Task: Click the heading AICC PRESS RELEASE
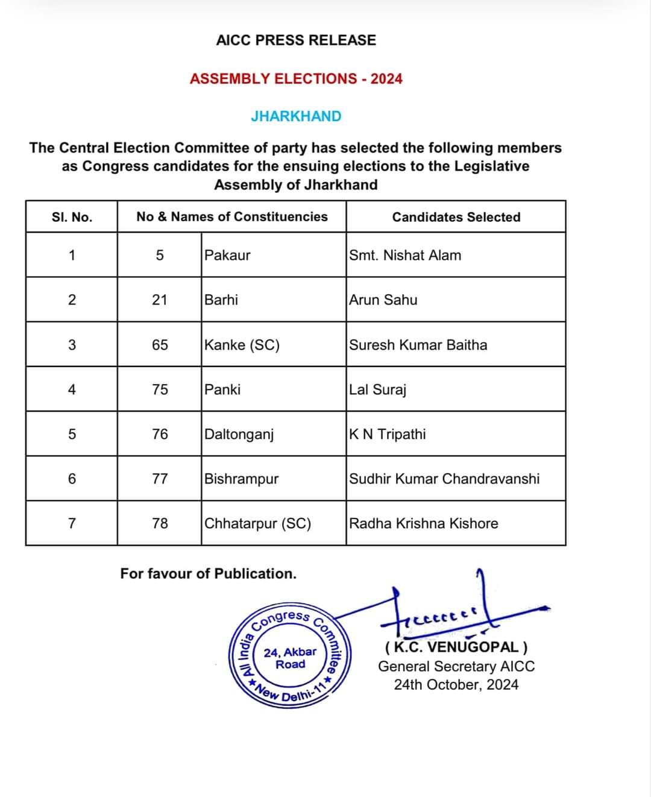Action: [x=296, y=40]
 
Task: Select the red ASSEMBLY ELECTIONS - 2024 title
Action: [x=296, y=79]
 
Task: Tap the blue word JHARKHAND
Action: [x=296, y=116]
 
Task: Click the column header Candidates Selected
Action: [x=456, y=217]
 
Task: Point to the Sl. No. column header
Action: [x=72, y=217]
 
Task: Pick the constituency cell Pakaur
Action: [x=227, y=255]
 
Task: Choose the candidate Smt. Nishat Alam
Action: [x=405, y=255]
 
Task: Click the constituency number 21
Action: [x=159, y=300]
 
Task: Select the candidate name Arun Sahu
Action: [x=383, y=300]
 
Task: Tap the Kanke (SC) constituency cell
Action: [x=242, y=345]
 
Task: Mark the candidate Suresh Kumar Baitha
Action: [x=418, y=345]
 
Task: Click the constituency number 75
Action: [x=160, y=389]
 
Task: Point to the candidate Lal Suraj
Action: [x=378, y=389]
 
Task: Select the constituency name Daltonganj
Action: [x=239, y=434]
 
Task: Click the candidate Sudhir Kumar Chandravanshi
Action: [x=444, y=479]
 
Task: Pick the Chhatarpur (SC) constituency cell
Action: [x=257, y=523]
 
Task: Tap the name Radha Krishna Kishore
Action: [x=424, y=523]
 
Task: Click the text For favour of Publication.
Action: [x=208, y=573]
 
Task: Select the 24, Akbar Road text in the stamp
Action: [x=290, y=658]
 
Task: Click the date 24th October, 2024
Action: [x=456, y=685]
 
